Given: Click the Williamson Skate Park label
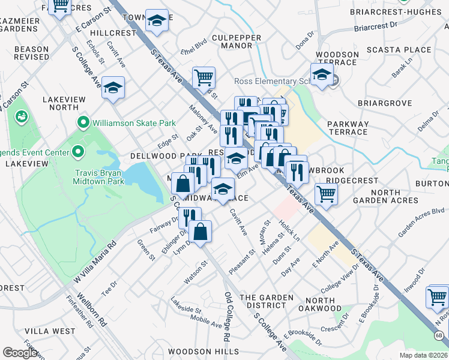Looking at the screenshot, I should pyautogui.click(x=134, y=124).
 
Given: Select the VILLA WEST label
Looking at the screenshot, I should pyautogui.click(x=50, y=331).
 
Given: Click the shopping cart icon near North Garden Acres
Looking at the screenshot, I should pyautogui.click(x=326, y=194).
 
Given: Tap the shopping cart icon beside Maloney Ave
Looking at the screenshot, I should pyautogui.click(x=203, y=77).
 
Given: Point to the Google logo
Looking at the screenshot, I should pyautogui.click(x=20, y=353).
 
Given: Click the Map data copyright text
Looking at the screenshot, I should pyautogui.click(x=424, y=355).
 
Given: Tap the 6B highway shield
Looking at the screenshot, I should pyautogui.click(x=439, y=335).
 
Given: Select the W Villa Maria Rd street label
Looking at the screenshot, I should pyautogui.click(x=94, y=263).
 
